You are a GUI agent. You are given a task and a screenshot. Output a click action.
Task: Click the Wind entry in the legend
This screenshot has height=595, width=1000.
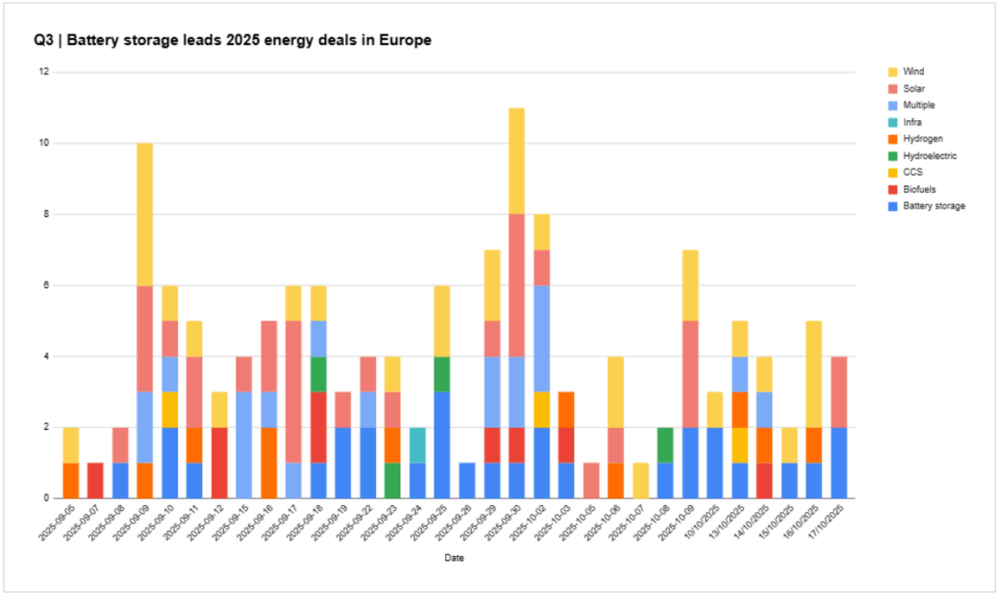tap(914, 71)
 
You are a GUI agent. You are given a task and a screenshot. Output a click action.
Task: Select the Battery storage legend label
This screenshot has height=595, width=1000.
tap(935, 206)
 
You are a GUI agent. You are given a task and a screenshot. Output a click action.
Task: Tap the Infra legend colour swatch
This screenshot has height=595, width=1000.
tap(892, 122)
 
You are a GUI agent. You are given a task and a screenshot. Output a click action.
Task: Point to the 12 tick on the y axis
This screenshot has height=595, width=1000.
tap(44, 72)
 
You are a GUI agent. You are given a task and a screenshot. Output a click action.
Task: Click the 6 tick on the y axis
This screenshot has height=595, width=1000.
tap(46, 285)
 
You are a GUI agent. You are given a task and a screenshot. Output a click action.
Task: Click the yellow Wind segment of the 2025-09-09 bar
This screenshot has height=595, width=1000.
tap(145, 214)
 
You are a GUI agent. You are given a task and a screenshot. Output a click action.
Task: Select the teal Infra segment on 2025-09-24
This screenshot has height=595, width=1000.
tap(417, 445)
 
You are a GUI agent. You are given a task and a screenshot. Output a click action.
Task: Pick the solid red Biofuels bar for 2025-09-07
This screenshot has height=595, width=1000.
tap(95, 480)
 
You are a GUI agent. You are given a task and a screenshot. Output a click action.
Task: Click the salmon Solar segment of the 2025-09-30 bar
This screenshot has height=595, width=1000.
tap(517, 284)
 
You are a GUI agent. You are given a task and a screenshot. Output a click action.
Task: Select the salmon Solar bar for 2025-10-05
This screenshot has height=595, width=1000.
tap(591, 480)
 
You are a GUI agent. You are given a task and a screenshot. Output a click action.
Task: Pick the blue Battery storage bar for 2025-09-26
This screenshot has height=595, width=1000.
tap(467, 480)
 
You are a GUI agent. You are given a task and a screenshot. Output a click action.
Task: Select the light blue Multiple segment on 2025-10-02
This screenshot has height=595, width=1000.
tap(541, 338)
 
